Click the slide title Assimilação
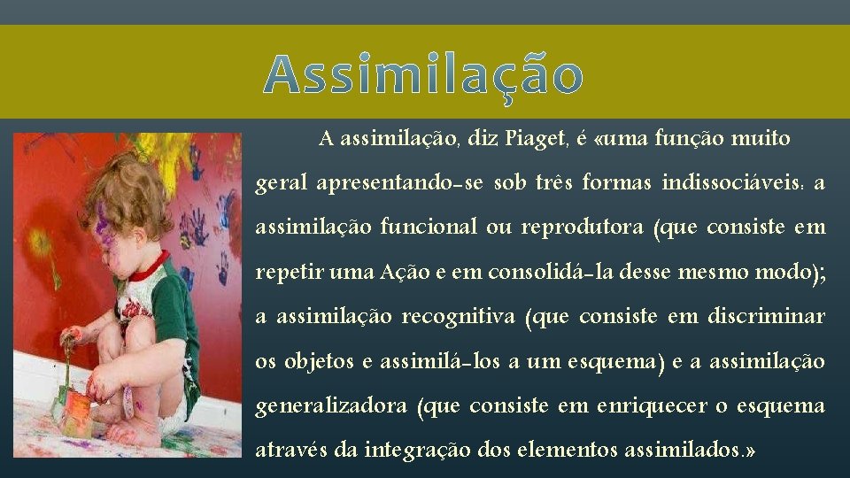[424, 74]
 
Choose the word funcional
[429, 227]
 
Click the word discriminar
[767, 317]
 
